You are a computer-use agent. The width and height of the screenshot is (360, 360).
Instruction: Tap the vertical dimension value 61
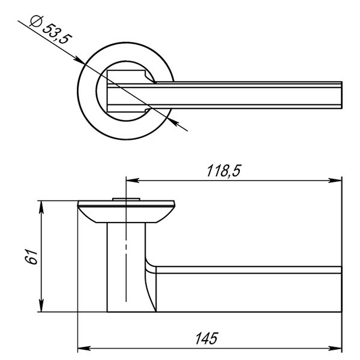(x=34, y=256)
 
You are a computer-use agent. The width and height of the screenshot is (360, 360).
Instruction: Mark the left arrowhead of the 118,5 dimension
(x=131, y=180)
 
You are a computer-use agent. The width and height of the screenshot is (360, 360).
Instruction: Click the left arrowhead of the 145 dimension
(x=85, y=348)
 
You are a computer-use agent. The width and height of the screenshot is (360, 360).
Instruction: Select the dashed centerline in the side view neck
(x=125, y=264)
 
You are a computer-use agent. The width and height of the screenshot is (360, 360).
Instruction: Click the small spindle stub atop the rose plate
(x=125, y=199)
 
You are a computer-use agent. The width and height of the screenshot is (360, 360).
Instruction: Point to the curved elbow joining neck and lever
(x=150, y=282)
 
